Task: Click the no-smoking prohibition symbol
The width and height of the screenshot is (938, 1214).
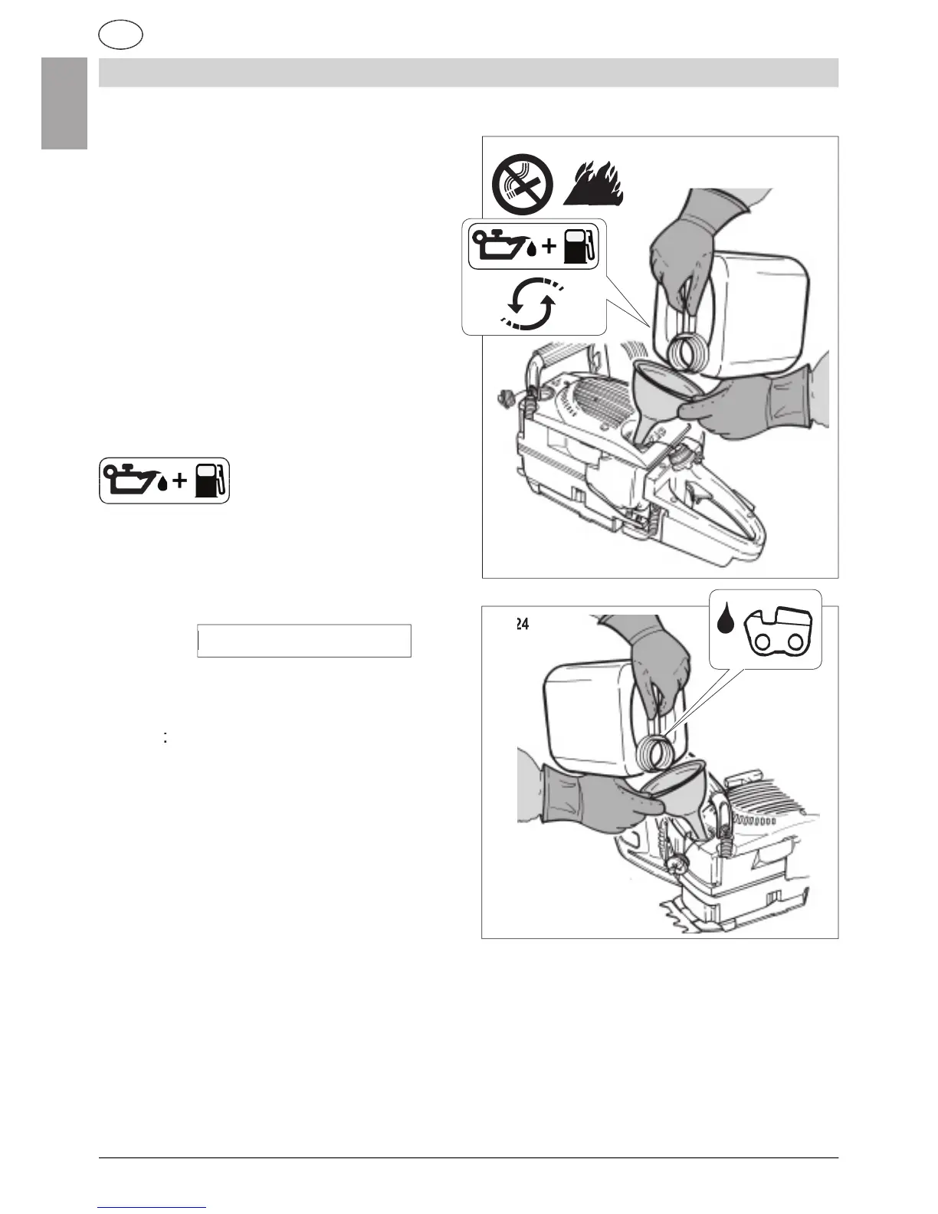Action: click(x=523, y=184)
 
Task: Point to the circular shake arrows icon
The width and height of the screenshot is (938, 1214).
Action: click(x=531, y=304)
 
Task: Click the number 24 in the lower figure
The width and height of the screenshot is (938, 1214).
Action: click(x=521, y=625)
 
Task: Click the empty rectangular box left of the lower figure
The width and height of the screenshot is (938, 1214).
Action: click(x=304, y=641)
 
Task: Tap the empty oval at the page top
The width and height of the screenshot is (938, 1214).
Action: click(x=121, y=35)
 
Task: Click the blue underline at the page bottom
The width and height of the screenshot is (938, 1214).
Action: click(x=153, y=1207)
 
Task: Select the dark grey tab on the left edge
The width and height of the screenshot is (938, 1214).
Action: click(x=64, y=103)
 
